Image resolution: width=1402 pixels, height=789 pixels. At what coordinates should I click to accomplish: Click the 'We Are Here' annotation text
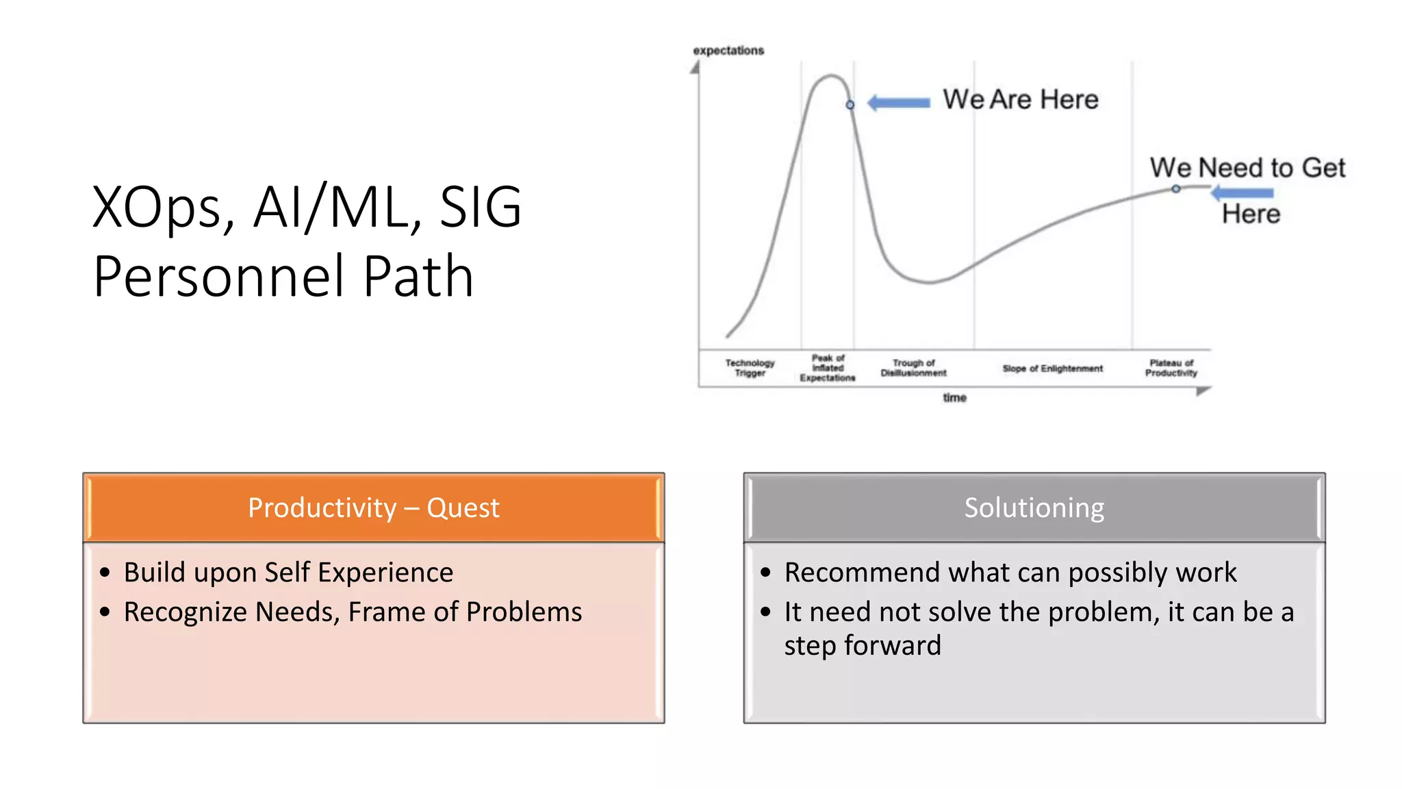tap(1020, 99)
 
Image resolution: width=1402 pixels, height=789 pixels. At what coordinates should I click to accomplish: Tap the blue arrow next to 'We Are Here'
tap(899, 103)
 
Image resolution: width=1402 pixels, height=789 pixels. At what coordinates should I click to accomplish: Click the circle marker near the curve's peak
tap(850, 105)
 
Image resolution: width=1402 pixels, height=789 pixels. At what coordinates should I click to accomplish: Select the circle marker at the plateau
tap(1175, 189)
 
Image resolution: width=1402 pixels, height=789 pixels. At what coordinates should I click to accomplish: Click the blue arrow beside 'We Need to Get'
tap(1242, 193)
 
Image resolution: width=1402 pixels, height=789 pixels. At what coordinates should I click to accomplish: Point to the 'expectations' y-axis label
tap(728, 51)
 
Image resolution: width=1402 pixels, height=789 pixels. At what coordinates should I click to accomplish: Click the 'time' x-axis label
tap(954, 398)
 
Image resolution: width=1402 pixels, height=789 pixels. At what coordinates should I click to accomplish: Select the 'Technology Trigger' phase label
tap(750, 368)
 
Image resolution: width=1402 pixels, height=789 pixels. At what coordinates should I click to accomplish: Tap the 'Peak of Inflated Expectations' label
tap(828, 368)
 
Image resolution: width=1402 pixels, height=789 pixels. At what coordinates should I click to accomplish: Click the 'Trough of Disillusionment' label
tap(913, 368)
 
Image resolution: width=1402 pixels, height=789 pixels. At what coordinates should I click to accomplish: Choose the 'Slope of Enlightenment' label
tap(1052, 368)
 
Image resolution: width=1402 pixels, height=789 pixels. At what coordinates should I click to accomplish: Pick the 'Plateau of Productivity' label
tap(1171, 368)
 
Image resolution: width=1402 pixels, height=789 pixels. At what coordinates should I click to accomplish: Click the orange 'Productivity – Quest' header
tap(374, 508)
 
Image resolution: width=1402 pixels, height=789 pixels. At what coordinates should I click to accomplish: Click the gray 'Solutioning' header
tap(1034, 508)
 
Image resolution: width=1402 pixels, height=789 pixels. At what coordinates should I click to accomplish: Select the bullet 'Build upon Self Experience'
tap(288, 572)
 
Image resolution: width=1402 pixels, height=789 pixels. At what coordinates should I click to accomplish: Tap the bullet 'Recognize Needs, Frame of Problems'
tap(353, 612)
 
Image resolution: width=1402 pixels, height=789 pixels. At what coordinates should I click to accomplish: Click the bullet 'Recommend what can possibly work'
tap(1010, 572)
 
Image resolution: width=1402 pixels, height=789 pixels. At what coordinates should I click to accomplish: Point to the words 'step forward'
tap(863, 645)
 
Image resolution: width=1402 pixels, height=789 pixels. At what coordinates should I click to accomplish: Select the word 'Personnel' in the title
tap(219, 276)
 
